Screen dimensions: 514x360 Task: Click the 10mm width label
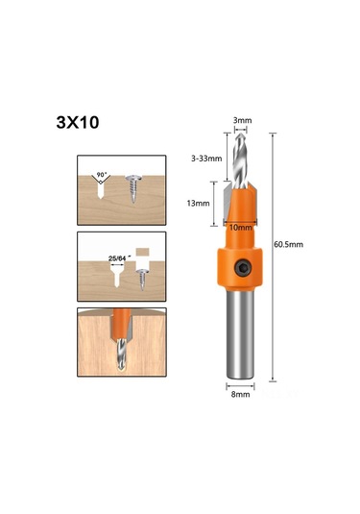point(243,227)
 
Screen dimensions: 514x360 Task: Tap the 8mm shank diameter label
point(242,393)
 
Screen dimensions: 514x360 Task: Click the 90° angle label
point(101,177)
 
